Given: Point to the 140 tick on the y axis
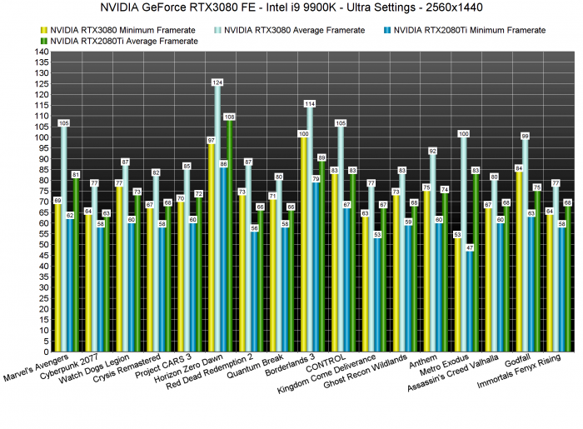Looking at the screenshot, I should coord(41,52).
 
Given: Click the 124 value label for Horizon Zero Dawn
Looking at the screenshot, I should coord(217,82).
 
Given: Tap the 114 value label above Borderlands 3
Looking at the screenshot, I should coord(310,104).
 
